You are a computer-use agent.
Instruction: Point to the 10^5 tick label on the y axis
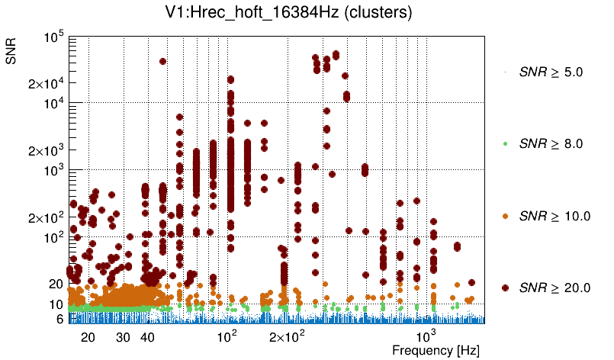pos(53,37)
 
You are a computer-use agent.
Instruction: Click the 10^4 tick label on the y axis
pos(53,104)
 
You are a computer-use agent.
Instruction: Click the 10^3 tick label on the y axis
pos(53,171)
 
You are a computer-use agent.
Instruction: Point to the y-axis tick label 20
pos(55,284)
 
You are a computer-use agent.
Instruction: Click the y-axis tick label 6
pos(59,319)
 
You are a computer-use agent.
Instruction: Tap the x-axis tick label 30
pos(123,336)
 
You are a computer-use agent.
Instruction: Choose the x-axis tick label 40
pos(148,336)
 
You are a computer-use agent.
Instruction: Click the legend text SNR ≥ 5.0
pos(550,72)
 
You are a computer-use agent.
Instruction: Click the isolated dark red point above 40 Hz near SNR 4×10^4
pos(162,61)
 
